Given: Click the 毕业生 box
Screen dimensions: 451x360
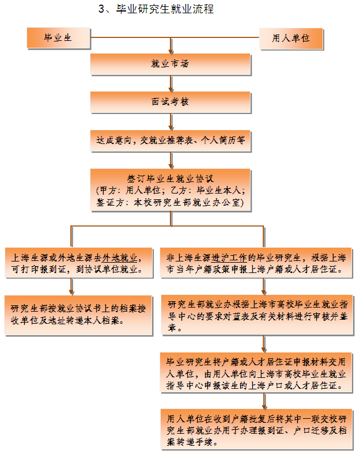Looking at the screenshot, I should click(x=58, y=38).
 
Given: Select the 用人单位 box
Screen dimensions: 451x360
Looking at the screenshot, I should click(x=291, y=38).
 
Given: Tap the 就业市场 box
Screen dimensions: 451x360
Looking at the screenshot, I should click(x=170, y=64).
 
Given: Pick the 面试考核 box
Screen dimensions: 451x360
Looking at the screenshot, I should click(x=170, y=101).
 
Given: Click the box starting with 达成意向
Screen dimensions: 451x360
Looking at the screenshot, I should click(x=170, y=139).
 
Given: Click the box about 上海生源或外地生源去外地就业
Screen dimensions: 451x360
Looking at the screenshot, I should click(x=78, y=262).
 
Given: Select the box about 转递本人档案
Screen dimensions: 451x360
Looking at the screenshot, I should click(x=78, y=314).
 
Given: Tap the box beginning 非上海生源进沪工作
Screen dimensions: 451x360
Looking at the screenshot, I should click(x=256, y=262).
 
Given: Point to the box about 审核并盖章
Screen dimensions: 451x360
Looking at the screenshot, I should click(x=256, y=315).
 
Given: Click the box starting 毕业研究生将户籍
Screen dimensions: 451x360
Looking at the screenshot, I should click(x=256, y=374).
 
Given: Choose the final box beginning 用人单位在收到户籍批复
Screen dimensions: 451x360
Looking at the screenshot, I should click(x=256, y=426).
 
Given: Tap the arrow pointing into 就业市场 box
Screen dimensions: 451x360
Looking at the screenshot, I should click(x=170, y=46).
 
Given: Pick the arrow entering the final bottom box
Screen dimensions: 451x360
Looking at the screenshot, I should click(x=264, y=401).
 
